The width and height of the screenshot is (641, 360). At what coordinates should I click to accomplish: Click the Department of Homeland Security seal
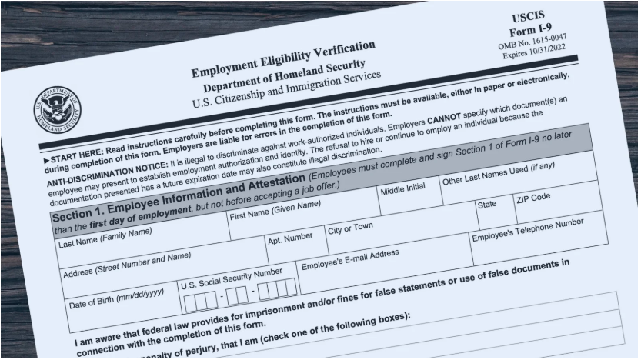(56, 111)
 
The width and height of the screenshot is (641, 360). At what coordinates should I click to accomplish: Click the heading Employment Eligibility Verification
(283, 60)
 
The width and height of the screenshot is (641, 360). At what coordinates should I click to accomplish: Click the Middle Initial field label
(403, 189)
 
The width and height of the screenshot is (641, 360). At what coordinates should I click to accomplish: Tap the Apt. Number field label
(290, 238)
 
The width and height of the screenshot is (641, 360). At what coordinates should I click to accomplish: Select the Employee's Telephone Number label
(528, 229)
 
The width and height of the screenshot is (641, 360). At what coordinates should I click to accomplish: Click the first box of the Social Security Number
(190, 299)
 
